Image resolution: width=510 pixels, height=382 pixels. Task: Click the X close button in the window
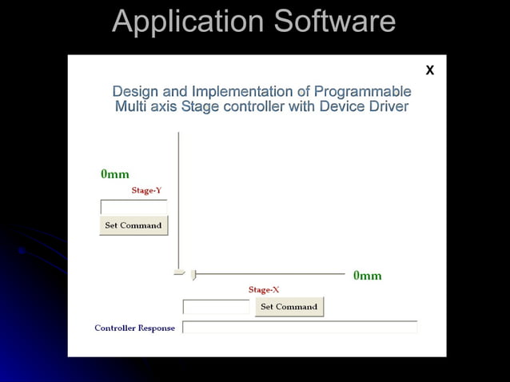tap(429, 70)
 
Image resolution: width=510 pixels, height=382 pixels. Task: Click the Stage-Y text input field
tap(133, 206)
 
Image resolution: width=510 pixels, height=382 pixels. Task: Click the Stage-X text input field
tap(216, 307)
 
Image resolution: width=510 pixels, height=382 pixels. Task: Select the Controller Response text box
tap(300, 327)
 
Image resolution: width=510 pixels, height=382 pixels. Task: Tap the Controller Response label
tap(134, 328)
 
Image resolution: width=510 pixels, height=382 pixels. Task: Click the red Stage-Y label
tap(146, 190)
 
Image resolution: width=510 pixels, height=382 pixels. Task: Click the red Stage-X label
tap(264, 289)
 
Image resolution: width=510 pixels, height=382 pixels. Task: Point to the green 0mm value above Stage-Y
tap(115, 174)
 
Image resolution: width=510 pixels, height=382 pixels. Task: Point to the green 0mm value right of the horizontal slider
tap(368, 276)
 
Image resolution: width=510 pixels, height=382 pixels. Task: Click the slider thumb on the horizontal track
tap(193, 275)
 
